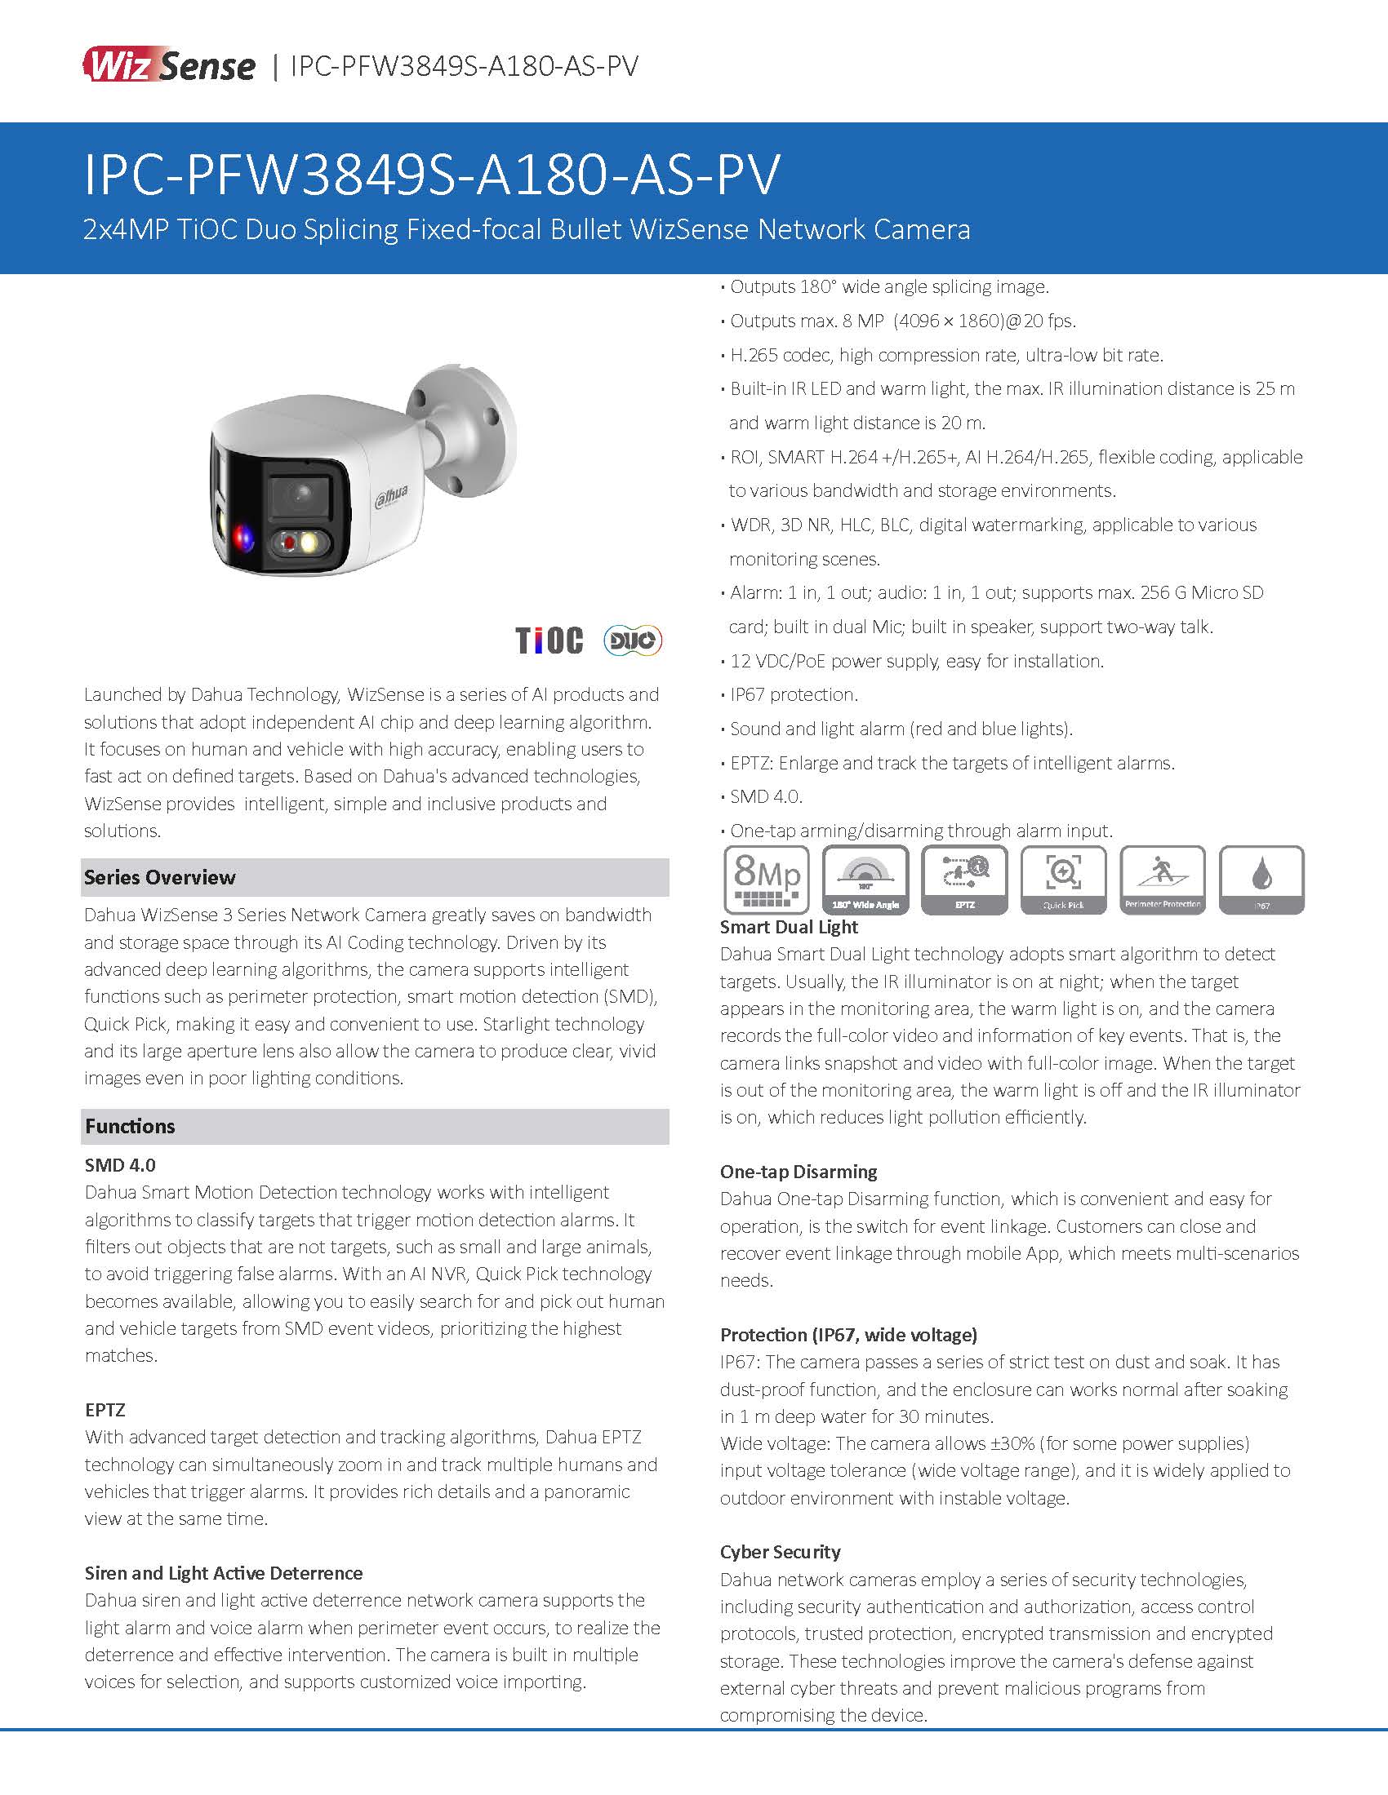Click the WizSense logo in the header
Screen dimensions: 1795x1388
(x=168, y=65)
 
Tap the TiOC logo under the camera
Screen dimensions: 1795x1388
(x=549, y=640)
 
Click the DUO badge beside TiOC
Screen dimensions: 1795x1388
(x=632, y=640)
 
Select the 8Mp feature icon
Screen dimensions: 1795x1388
(x=767, y=880)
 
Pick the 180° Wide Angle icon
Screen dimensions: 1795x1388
(x=865, y=880)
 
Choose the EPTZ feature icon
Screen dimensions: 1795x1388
(x=964, y=880)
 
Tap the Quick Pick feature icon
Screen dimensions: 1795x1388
(x=1063, y=880)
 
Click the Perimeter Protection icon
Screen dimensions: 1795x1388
(x=1163, y=880)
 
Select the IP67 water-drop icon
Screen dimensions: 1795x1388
(x=1261, y=880)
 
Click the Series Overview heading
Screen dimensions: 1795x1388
(x=159, y=877)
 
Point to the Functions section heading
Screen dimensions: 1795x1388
(x=130, y=1126)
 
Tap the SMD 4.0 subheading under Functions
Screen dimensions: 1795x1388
(x=120, y=1164)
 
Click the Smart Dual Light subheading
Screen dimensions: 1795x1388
(x=789, y=927)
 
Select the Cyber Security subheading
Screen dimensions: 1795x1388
(x=781, y=1552)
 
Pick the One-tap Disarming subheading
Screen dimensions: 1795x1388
(x=799, y=1171)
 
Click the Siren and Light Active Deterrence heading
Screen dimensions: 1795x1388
(x=224, y=1573)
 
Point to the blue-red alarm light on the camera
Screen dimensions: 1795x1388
(x=243, y=538)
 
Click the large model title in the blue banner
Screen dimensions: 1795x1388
(x=432, y=175)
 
